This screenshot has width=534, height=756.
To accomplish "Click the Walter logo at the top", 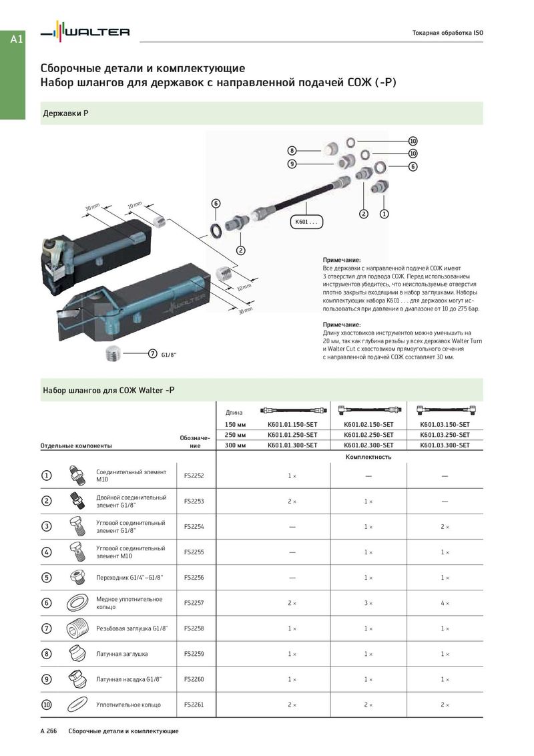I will pyautogui.click(x=85, y=32).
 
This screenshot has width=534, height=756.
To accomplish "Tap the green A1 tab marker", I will pyautogui.click(x=17, y=39).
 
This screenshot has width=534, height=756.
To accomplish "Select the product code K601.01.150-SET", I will pyautogui.click(x=292, y=424).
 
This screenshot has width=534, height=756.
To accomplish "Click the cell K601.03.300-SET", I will pyautogui.click(x=445, y=445).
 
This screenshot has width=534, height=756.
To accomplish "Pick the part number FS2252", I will pyautogui.click(x=194, y=476).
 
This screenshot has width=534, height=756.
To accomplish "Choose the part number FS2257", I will pyautogui.click(x=194, y=603).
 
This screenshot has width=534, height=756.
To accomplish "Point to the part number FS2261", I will pyautogui.click(x=194, y=705).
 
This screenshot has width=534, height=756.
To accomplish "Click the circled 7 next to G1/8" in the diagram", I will pyautogui.click(x=152, y=353).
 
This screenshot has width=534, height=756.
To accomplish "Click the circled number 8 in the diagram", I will pyautogui.click(x=292, y=150).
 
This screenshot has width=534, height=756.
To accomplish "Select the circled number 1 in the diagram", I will pyautogui.click(x=384, y=214).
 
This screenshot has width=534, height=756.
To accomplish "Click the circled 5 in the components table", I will pyautogui.click(x=47, y=578).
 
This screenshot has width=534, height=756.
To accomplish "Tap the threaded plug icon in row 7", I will pyautogui.click(x=77, y=628).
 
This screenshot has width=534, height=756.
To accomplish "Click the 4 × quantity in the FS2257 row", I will pyautogui.click(x=445, y=603).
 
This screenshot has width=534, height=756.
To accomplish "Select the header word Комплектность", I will pyautogui.click(x=368, y=457).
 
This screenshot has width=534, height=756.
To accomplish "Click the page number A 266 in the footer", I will pyautogui.click(x=49, y=731).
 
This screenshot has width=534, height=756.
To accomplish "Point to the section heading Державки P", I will pyautogui.click(x=65, y=114).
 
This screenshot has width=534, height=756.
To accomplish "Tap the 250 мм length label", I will pyautogui.click(x=236, y=435).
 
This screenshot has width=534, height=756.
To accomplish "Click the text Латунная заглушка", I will pyautogui.click(x=122, y=654).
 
